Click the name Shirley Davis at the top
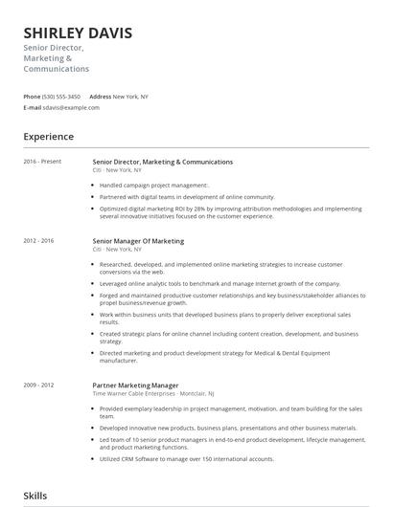pos(78,33)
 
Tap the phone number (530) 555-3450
pos(61,97)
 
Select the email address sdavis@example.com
pos(72,107)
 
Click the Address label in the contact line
pos(100,97)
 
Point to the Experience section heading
pos(48,137)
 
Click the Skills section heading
pos(35,496)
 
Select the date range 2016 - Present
pos(42,162)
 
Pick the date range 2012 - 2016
pos(39,241)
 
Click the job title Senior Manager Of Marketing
pos(139,241)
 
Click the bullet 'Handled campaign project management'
pos(153,185)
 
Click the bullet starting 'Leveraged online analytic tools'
pos(219,284)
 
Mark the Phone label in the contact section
pos(32,97)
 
